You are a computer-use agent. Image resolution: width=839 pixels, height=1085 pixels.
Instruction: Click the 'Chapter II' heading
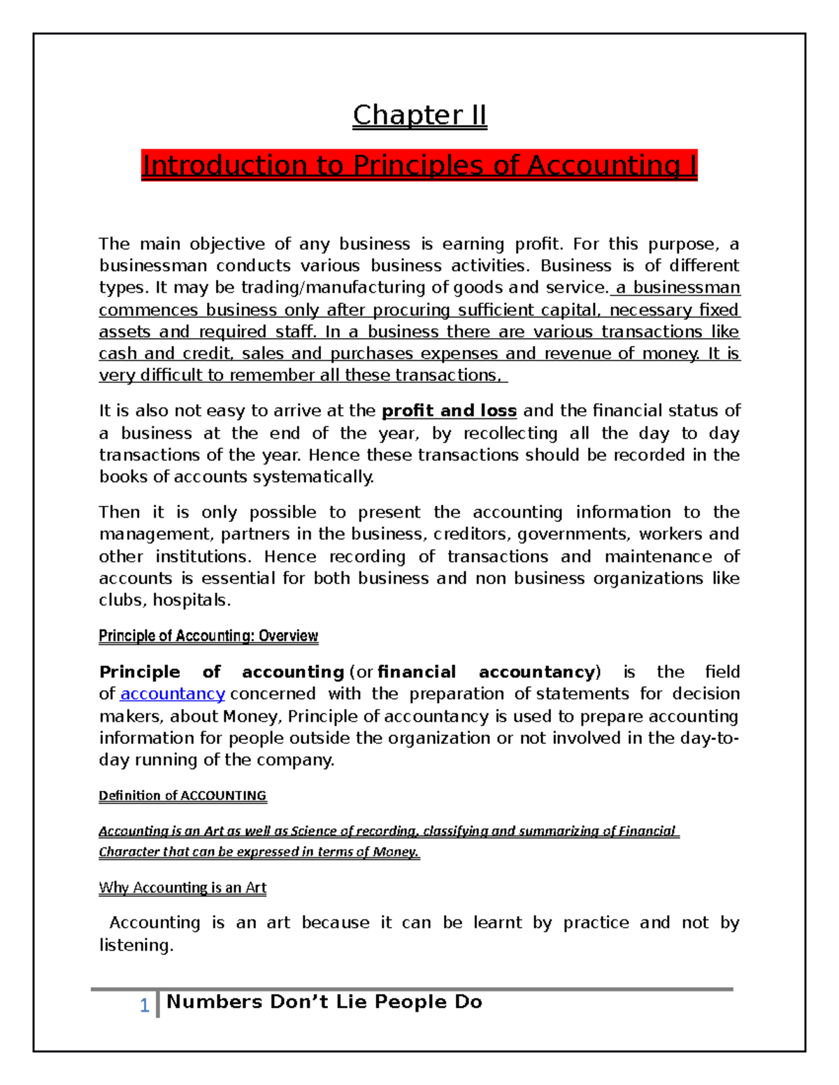(x=419, y=115)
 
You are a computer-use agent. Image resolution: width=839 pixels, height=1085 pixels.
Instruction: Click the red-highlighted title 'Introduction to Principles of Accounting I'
(x=419, y=166)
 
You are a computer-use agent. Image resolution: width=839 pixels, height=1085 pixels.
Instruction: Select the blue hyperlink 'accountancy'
(x=173, y=694)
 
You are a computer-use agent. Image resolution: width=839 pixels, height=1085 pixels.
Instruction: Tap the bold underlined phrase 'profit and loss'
(x=449, y=411)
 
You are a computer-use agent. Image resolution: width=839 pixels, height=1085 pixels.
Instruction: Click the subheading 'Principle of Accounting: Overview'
(x=208, y=636)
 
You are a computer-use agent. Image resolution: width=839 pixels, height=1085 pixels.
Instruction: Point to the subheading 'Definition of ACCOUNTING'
(x=182, y=796)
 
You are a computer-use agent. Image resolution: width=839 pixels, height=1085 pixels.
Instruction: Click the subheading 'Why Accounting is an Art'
(x=182, y=888)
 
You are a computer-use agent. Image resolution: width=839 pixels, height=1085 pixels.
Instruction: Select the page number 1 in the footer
(x=144, y=1005)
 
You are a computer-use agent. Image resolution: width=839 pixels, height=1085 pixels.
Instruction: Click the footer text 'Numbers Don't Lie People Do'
(x=324, y=1002)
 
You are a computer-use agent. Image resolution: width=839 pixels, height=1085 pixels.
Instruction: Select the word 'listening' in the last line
(x=134, y=945)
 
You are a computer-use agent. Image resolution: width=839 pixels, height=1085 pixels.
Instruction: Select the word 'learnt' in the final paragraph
(x=497, y=923)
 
